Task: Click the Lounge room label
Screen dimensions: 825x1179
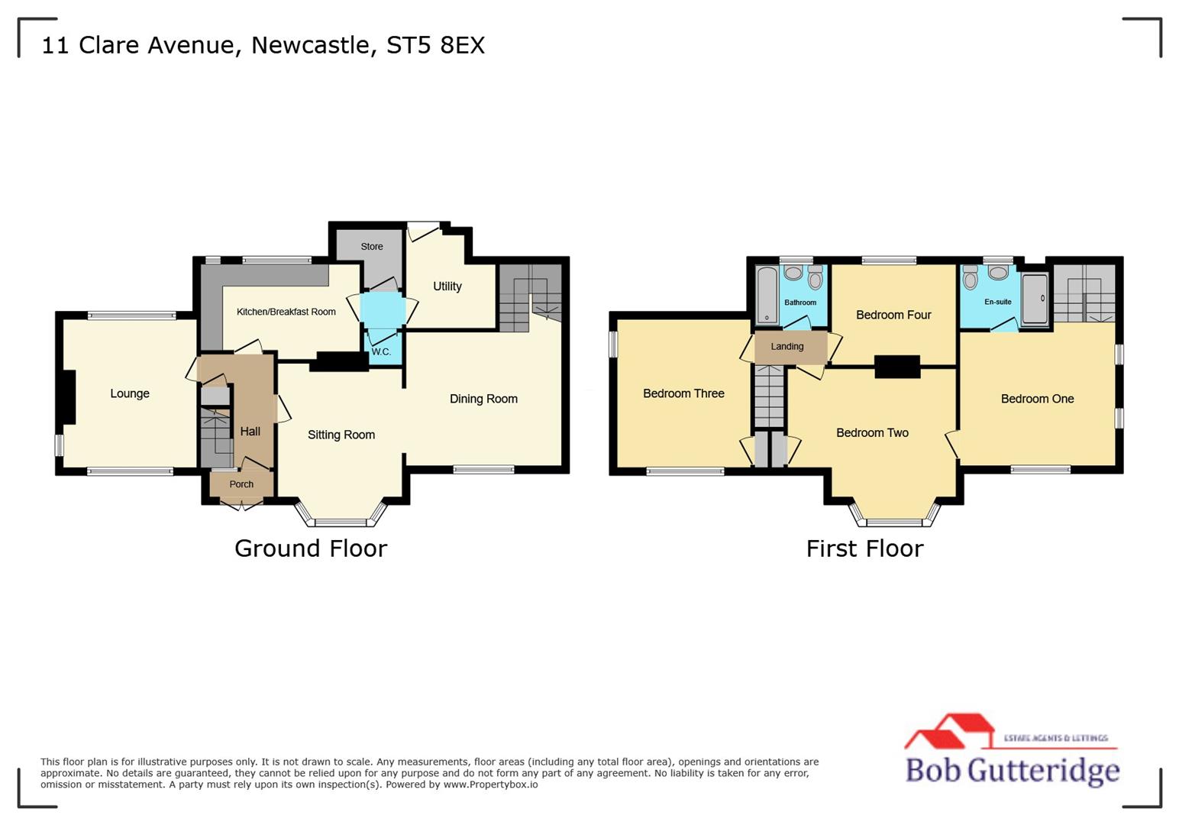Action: pos(130,393)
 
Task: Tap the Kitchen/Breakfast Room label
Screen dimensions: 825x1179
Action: pos(286,312)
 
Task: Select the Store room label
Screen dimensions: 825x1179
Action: pos(372,247)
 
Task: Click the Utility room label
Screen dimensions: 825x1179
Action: pos(447,286)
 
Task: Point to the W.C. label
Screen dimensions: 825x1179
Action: pos(381,352)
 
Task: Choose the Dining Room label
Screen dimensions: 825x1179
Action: pos(483,399)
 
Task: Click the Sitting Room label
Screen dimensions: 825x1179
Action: pos(341,435)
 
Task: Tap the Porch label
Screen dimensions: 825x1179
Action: pos(241,484)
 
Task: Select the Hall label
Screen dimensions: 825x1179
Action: pos(250,432)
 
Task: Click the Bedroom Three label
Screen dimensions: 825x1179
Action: pos(683,393)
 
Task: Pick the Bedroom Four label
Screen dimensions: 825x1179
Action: pos(893,315)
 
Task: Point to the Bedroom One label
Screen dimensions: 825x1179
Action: pos(1037,399)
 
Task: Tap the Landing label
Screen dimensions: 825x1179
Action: pos(787,347)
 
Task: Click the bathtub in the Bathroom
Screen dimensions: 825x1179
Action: pos(767,295)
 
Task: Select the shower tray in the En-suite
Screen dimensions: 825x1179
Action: pos(1035,299)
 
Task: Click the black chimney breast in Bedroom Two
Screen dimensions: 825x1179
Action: pos(897,367)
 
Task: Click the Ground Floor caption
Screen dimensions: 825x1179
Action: pos(311,548)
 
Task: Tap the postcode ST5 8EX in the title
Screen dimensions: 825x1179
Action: pos(435,45)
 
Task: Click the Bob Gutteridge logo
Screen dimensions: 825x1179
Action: pos(1012,752)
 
